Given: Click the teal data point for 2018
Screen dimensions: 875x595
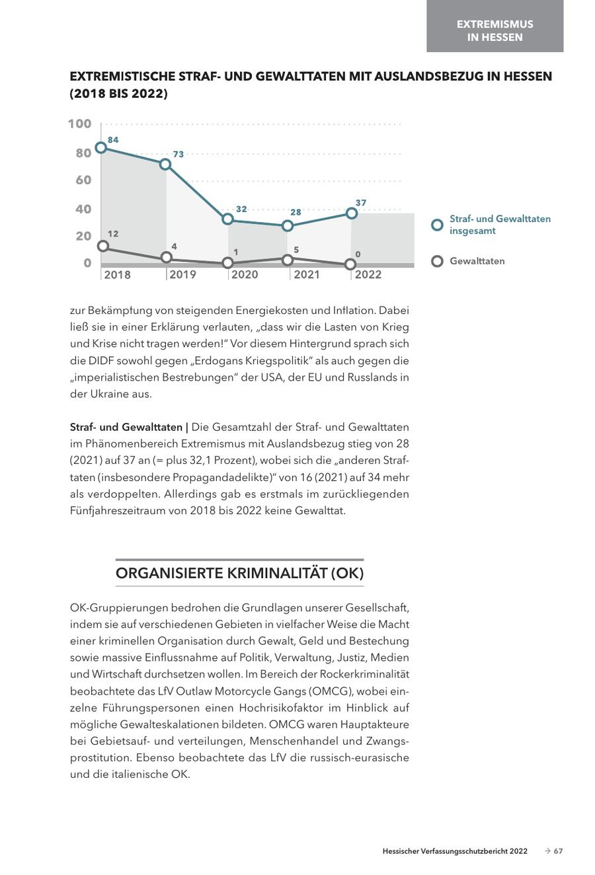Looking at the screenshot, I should [100, 147].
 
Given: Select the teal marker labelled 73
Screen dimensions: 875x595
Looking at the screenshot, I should [166, 164].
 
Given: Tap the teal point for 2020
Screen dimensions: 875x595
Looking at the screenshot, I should [228, 219].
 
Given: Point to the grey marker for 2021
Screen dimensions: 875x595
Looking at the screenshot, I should [288, 260].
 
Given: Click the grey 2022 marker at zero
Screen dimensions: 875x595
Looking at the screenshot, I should [350, 264].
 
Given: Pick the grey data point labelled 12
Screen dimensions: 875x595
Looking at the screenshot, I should [103, 247].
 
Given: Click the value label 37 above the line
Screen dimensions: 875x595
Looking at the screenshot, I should [361, 203].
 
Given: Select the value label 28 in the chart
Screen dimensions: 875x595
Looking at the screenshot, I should [296, 212].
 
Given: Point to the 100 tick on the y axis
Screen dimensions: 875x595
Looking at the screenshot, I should [79, 124].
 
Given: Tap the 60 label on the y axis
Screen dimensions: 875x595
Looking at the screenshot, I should [83, 180].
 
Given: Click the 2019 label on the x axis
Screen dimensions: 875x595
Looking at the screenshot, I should [182, 274].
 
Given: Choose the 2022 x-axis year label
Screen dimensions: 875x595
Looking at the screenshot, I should [368, 274].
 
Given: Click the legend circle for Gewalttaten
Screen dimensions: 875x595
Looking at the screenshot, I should [437, 261].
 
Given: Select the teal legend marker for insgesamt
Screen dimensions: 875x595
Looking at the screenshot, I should [437, 225].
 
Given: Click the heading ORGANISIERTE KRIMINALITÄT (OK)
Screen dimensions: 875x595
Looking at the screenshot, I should [239, 572].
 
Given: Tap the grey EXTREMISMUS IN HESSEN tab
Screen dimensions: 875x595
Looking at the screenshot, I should [495, 31].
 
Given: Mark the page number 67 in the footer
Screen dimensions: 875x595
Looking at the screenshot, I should [559, 851].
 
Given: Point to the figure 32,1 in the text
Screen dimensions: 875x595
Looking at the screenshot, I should [202, 460].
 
